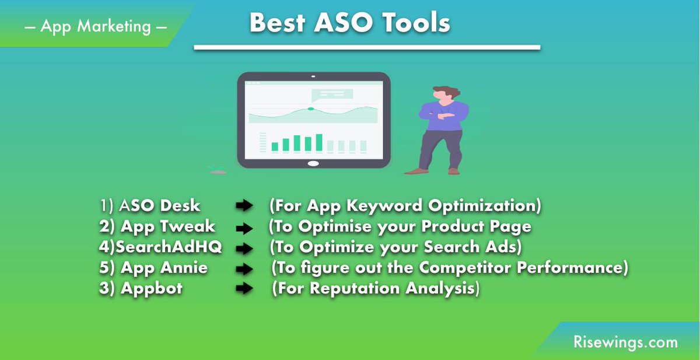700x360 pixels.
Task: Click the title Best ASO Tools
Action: click(349, 23)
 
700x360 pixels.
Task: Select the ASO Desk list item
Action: click(150, 206)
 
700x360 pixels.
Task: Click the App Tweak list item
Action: click(157, 226)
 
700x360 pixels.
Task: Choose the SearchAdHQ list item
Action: click(160, 247)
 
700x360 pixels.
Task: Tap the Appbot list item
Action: click(141, 289)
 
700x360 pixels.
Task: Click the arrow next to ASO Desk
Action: click(244, 207)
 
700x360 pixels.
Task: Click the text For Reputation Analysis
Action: click(376, 289)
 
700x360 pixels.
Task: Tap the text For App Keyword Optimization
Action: click(405, 206)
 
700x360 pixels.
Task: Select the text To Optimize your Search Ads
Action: click(395, 247)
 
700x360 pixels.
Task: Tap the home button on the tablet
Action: click(314, 163)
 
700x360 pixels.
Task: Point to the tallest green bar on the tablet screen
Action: click(318, 142)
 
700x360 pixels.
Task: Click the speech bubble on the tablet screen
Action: click(332, 94)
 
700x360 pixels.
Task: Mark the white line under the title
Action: click(367, 47)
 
